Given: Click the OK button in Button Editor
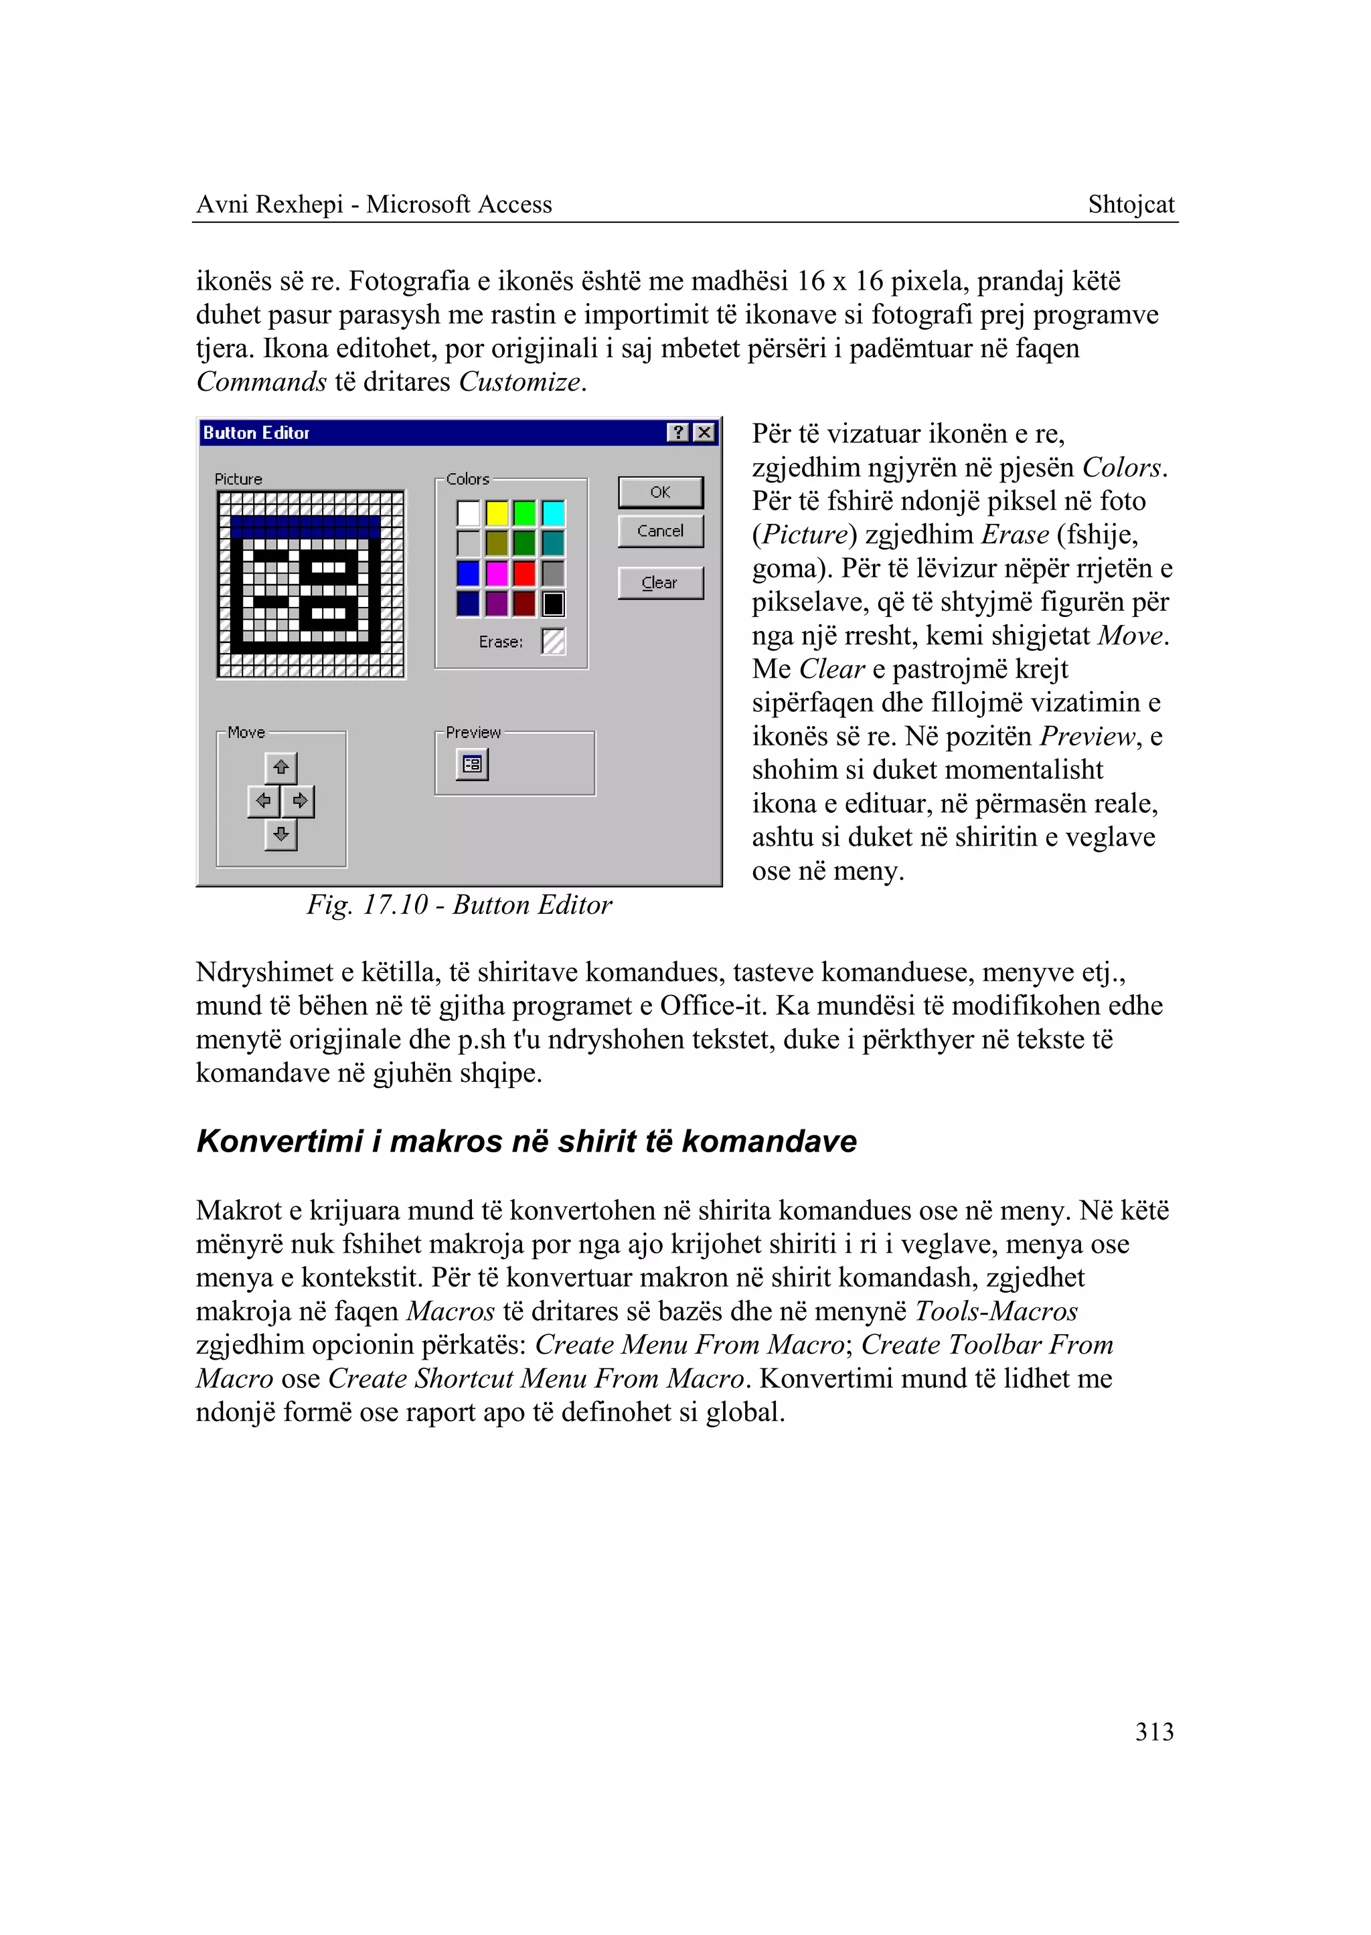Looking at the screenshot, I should tap(660, 492).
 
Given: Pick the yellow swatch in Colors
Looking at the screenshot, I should tap(497, 513).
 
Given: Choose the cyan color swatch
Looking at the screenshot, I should tap(553, 513).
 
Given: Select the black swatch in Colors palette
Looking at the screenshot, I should tap(553, 604).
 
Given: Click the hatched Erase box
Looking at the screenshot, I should tap(553, 642).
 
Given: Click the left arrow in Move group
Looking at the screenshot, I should tap(263, 801).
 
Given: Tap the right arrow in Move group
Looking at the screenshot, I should tap(299, 801).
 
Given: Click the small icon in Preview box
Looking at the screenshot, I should tap(472, 765).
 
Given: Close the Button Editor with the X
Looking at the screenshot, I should tap(704, 433).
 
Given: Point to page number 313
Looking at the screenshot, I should tap(1154, 1732).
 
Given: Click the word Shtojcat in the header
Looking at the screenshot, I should tap(1131, 204).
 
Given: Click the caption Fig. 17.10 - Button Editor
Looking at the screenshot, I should tap(459, 905).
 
